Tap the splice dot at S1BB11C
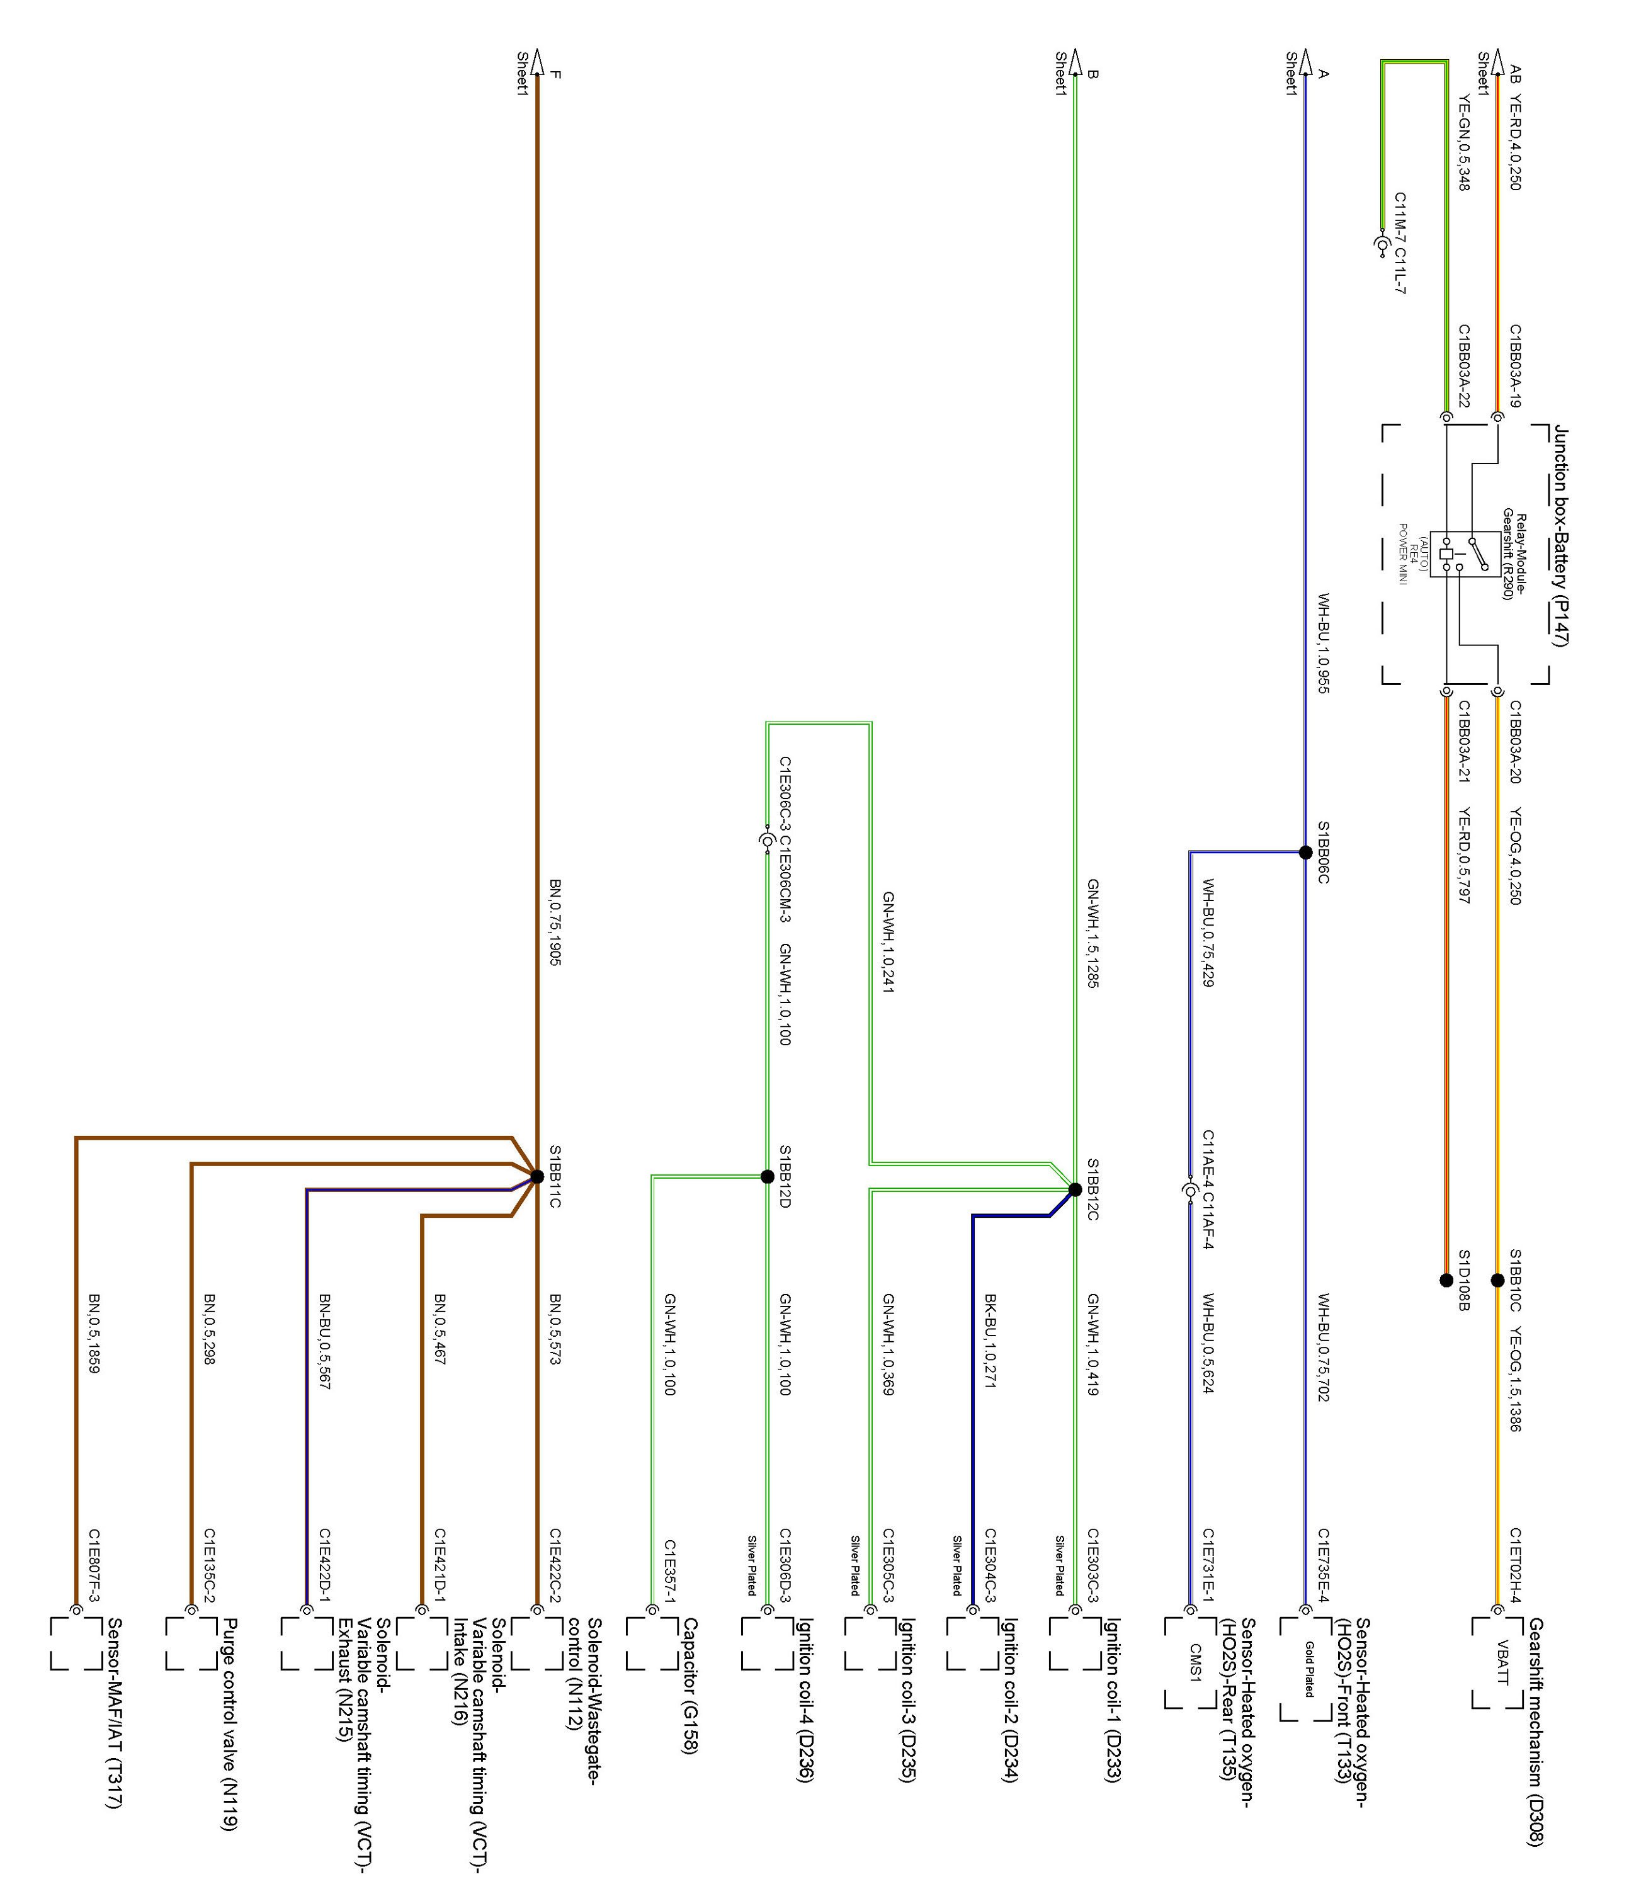pos(536,1176)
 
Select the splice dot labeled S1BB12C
pos(1075,1189)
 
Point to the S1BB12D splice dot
pos(768,1176)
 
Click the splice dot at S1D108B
pos(1446,1280)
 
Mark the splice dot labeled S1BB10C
pos(1497,1280)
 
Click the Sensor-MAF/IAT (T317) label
pos(115,1713)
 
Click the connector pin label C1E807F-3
pos(94,1565)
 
